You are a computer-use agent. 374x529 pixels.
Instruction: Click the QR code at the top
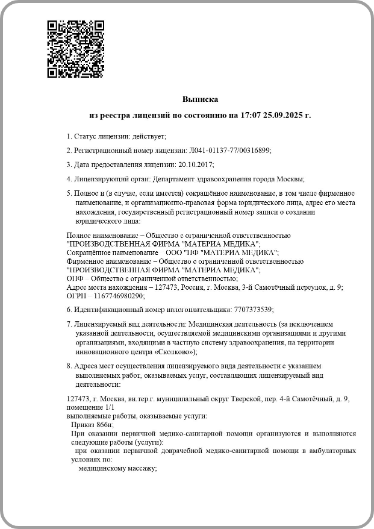pos(75,49)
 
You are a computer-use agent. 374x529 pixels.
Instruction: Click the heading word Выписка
pos(200,99)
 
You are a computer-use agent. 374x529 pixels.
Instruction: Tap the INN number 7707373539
pos(252,309)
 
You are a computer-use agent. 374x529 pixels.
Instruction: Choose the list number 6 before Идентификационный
pos(68,309)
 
